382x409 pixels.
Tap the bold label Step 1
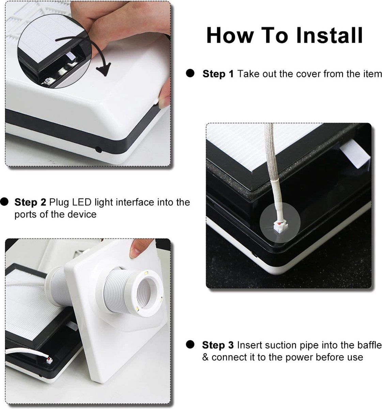point(218,74)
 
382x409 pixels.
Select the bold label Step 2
point(30,202)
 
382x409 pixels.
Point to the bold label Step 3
point(218,345)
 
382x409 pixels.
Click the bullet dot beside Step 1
point(190,73)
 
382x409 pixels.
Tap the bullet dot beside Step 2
point(4,202)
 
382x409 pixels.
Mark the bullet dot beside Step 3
point(190,345)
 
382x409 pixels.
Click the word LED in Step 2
point(81,202)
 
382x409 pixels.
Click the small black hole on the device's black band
point(98,150)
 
